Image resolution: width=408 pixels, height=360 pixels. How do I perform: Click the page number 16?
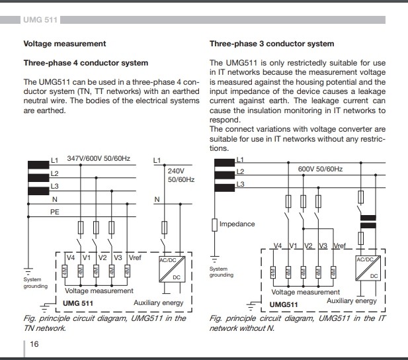point(34,345)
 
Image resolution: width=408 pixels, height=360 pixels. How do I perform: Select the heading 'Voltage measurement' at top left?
point(65,44)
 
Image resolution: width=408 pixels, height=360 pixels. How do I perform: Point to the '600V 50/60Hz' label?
point(320,169)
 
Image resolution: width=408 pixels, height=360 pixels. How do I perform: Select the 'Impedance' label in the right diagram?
point(237,224)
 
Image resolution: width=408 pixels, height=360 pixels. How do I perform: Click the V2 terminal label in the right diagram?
point(307,246)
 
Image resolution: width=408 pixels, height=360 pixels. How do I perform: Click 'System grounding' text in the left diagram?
point(36,283)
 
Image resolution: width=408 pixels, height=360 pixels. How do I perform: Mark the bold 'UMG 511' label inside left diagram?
point(77,302)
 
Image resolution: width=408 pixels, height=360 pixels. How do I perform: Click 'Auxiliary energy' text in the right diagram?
point(352,300)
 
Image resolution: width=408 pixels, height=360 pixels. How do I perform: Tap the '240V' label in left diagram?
point(175,170)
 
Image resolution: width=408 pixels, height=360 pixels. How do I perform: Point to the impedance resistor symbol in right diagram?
point(214,225)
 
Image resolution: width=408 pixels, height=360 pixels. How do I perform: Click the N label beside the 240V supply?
point(157,199)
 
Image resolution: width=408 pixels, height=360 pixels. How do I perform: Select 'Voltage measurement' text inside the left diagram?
point(99,291)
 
